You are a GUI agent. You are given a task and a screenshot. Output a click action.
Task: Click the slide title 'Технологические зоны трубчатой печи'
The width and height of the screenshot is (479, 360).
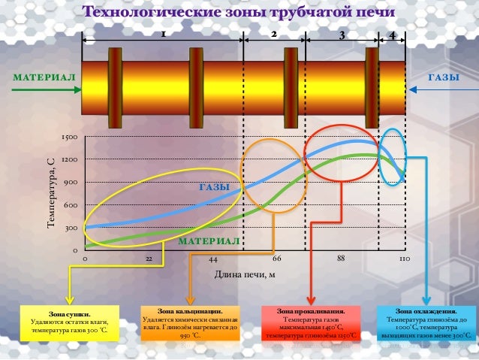coord(239,12)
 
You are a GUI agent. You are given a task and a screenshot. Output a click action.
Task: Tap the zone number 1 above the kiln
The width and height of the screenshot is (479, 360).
coord(162,35)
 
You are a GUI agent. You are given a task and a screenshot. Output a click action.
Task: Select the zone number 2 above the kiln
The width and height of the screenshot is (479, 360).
coord(274,35)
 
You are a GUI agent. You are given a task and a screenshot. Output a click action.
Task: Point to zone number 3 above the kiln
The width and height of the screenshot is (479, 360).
coord(342,35)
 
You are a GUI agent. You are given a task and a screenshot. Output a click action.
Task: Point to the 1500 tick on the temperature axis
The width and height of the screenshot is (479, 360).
coord(70,138)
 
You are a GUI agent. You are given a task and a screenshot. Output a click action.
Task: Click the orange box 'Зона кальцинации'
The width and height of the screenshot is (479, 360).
coord(190,323)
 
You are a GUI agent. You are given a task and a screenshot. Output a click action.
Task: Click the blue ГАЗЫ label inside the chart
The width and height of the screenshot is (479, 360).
coord(214,186)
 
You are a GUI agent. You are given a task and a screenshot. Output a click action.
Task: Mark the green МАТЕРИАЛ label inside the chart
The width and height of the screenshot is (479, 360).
coord(209,241)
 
